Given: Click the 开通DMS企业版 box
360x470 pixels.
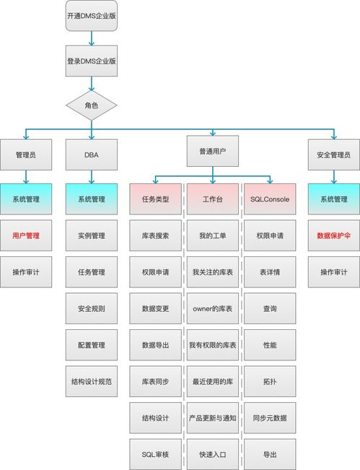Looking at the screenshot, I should pyautogui.click(x=91, y=16).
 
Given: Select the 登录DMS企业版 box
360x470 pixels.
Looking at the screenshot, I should pyautogui.click(x=91, y=61).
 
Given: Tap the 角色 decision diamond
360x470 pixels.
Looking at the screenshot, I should pyautogui.click(x=91, y=105).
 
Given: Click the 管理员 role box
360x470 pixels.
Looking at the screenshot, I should pyautogui.click(x=27, y=155).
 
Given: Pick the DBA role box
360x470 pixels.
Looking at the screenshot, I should pyautogui.click(x=91, y=155).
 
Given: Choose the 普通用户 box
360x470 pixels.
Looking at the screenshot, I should pyautogui.click(x=212, y=152).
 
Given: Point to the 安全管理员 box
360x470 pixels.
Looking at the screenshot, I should pyautogui.click(x=333, y=155).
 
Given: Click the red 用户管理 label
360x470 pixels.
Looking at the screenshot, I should pyautogui.click(x=27, y=235).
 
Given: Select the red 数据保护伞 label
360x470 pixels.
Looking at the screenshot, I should pyautogui.click(x=333, y=235).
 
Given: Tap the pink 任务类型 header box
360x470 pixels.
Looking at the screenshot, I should pyautogui.click(x=155, y=199).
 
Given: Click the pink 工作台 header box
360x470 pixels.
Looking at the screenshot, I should pyautogui.click(x=212, y=199).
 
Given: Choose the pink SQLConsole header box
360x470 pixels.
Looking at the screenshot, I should pyautogui.click(x=270, y=199).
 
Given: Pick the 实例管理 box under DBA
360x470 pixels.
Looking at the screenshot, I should pyautogui.click(x=91, y=235).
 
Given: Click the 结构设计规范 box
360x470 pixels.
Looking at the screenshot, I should pyautogui.click(x=91, y=381).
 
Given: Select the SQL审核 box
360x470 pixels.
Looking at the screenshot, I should pyautogui.click(x=155, y=454).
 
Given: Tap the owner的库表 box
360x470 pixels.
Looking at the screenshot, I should pyautogui.click(x=212, y=308).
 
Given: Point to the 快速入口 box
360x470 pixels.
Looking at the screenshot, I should pyautogui.click(x=212, y=454).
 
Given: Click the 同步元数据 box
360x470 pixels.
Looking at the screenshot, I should pyautogui.click(x=270, y=417).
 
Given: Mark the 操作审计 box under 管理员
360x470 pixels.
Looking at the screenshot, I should pyautogui.click(x=27, y=271).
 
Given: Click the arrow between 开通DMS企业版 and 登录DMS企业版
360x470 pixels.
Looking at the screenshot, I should pyautogui.click(x=91, y=39).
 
